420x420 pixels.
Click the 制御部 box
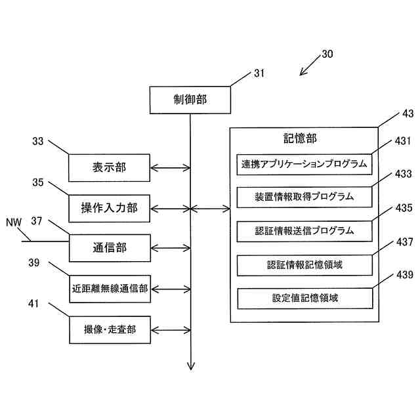tap(190, 100)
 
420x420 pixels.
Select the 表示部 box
tap(109, 168)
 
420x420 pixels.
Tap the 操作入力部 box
tap(109, 209)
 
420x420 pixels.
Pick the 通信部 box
tap(110, 248)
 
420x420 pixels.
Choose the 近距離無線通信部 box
tap(110, 289)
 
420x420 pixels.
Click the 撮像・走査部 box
tap(110, 329)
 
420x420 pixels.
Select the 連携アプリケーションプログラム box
tap(304, 164)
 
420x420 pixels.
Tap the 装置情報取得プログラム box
tap(304, 197)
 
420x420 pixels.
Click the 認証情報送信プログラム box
tap(304, 231)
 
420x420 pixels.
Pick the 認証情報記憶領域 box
tap(304, 265)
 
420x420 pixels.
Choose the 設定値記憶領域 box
tap(305, 299)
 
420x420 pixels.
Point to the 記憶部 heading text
tap(300, 138)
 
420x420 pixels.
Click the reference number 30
tap(327, 54)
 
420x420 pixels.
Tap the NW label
tap(14, 222)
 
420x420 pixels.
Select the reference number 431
tap(403, 141)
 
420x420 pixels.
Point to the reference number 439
tap(405, 274)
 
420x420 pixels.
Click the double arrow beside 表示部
tap(171, 168)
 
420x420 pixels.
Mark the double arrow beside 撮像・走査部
tap(171, 330)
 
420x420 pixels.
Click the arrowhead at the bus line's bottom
tap(191, 366)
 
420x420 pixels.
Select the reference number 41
tap(33, 304)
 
